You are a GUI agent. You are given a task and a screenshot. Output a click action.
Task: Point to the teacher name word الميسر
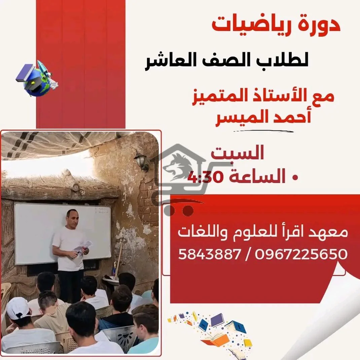[x=241, y=118]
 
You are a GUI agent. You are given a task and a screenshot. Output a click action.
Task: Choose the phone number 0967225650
[x=301, y=254]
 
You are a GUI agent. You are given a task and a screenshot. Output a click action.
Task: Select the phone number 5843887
[x=209, y=254]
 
